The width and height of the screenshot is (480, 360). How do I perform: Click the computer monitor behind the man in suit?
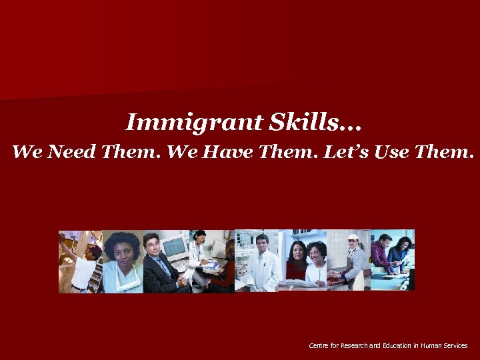tap(175, 249)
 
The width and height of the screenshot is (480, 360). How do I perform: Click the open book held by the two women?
tap(304, 282)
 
